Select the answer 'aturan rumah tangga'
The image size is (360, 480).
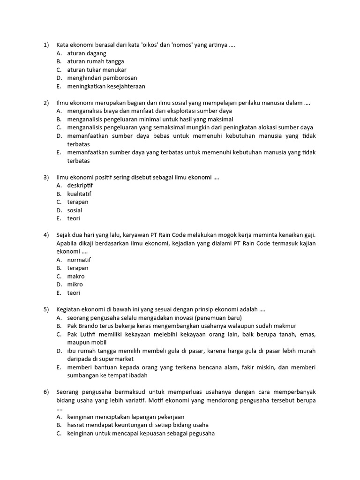pos(96,61)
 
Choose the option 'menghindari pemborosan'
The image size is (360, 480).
pos(102,78)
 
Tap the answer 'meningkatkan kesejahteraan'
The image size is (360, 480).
pos(106,86)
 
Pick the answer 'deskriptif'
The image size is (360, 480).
pos(80,186)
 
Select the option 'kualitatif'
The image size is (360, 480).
pos(79,194)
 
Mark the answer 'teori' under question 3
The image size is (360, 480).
pos(74,218)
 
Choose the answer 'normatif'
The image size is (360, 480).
pos(79,260)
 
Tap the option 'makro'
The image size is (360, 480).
pos(76,277)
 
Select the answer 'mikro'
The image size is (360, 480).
pos(75,285)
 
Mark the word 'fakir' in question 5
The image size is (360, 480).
pos(232,367)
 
